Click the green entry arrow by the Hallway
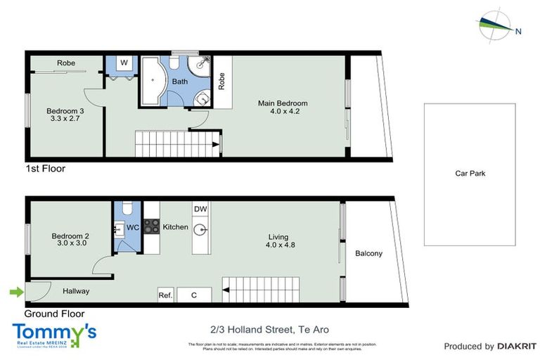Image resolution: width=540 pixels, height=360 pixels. tap(13, 291)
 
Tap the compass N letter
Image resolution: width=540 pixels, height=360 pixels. tap(518, 31)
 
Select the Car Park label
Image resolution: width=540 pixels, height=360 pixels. tap(470, 174)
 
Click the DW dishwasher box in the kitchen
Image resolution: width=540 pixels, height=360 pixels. tap(200, 210)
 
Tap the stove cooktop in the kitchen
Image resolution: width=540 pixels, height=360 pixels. tap(151, 226)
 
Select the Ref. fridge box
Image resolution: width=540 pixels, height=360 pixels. tap(165, 295)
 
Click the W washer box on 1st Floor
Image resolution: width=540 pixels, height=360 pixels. tap(124, 63)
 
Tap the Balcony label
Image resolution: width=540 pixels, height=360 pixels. tap(368, 254)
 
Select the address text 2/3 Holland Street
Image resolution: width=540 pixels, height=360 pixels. tap(270, 329)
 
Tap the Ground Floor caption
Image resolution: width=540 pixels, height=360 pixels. tap(54, 314)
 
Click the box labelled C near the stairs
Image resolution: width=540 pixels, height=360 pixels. tap(194, 295)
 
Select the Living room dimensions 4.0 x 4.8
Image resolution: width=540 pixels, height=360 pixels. tap(282, 245)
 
